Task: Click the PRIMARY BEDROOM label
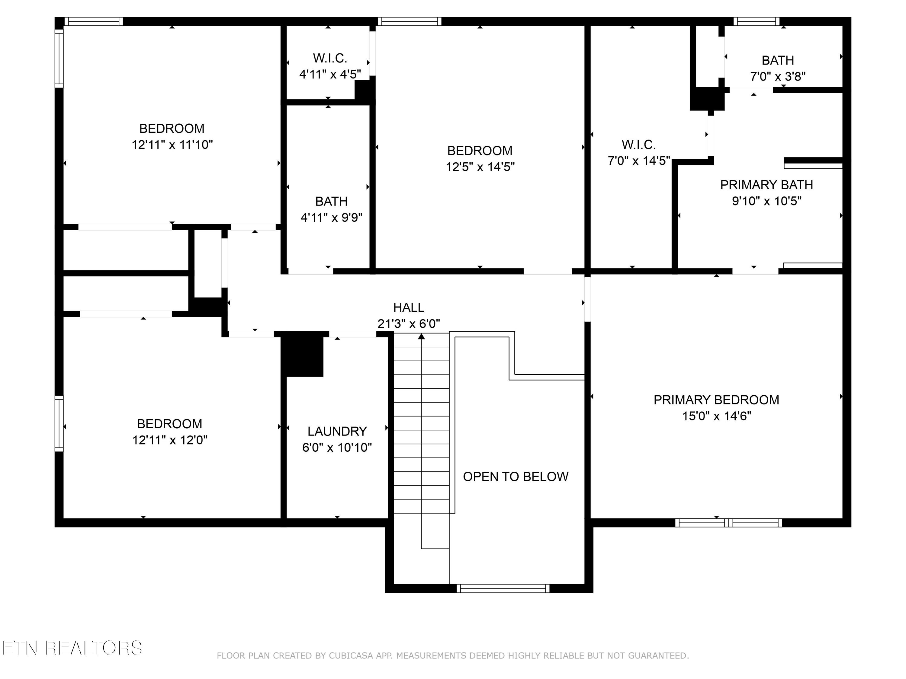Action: point(716,400)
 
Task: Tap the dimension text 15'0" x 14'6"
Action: point(716,416)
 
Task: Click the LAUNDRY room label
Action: point(337,431)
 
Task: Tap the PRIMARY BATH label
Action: point(766,185)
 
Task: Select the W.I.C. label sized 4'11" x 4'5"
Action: point(330,58)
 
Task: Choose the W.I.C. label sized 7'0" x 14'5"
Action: point(638,145)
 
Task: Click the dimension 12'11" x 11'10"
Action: point(172,145)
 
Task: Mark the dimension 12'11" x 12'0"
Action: point(169,440)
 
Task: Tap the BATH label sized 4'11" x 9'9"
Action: point(331,201)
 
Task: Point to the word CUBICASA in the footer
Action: point(351,656)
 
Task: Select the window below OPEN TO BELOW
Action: point(503,588)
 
